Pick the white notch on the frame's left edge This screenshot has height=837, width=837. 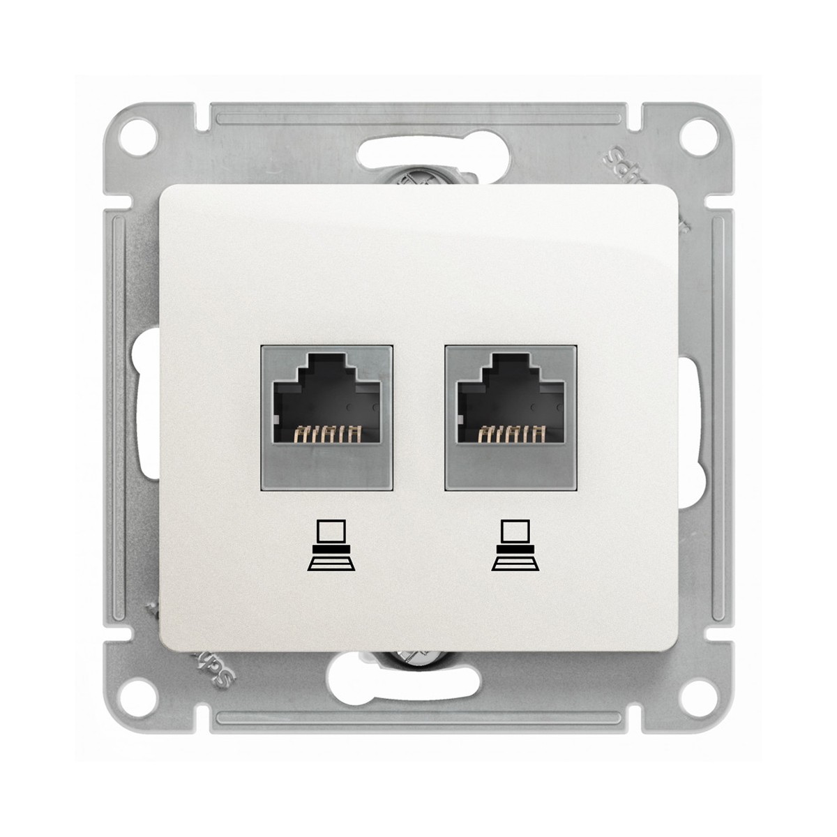(148, 418)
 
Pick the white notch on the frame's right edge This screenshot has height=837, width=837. (688, 418)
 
